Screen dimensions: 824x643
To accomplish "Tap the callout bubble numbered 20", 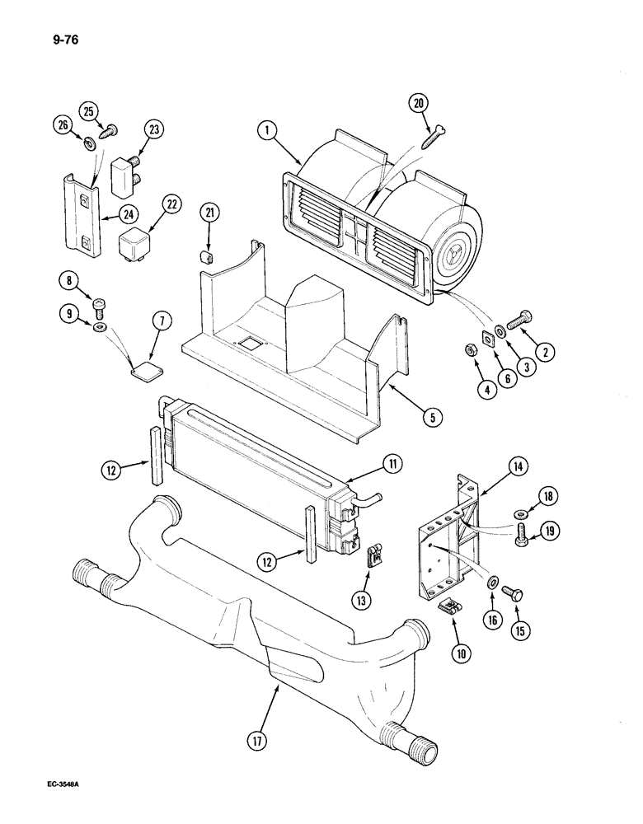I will pos(420,103).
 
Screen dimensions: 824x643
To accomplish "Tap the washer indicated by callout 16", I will pos(491,582).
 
